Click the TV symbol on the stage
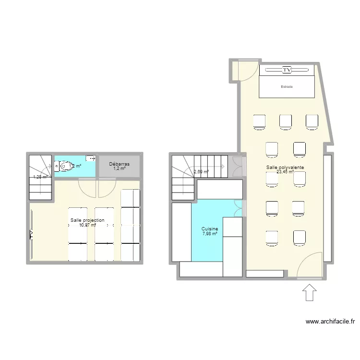pos(287,70)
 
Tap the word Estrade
pos(287,87)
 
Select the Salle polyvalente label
pos(286,167)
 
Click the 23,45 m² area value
pos(285,172)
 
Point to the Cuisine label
pos(210,229)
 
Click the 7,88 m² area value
pos(210,234)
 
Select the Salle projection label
pos(87,220)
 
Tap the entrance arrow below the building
pos(310,292)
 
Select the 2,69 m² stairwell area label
pos(201,172)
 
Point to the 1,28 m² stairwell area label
pos(40,177)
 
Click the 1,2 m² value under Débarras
pos(119,168)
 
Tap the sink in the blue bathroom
pos(90,158)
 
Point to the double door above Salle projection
pos(97,187)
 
